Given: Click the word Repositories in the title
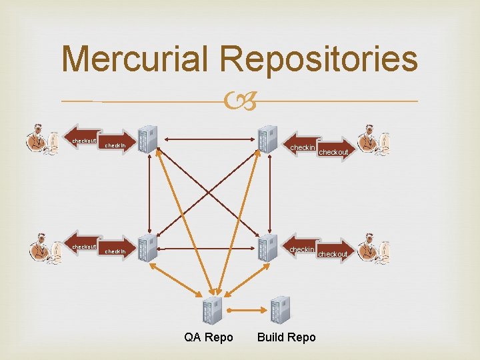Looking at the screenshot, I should (319, 60).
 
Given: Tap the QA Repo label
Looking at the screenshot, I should (209, 337).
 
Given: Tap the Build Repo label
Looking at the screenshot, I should (287, 337).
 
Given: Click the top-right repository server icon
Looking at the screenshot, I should (267, 139).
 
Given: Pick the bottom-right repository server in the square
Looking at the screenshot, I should (267, 249).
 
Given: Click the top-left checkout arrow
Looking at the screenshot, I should (84, 140).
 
